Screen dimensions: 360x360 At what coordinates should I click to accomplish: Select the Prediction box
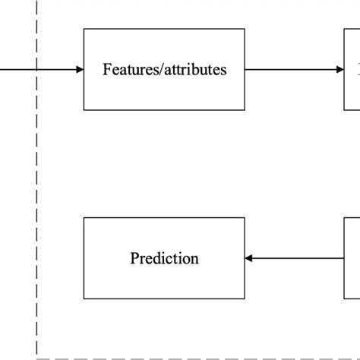click(x=164, y=257)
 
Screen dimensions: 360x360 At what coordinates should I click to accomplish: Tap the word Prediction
click(x=164, y=258)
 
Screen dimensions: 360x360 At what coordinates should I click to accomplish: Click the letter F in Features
click(x=106, y=70)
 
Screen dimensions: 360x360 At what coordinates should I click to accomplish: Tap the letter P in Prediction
click(x=134, y=258)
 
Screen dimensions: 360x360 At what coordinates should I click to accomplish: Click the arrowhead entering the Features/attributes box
click(x=80, y=70)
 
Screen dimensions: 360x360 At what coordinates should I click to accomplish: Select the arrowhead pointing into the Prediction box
click(x=249, y=258)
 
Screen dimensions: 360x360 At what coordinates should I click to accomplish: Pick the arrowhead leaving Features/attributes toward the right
click(x=339, y=70)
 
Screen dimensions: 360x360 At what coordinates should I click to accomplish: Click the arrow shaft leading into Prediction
click(x=296, y=258)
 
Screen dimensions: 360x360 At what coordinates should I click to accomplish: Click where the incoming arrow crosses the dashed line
click(x=36, y=70)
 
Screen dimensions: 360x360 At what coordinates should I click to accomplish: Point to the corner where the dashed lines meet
click(x=36, y=357)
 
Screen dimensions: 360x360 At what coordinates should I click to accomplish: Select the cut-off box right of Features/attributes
click(x=352, y=70)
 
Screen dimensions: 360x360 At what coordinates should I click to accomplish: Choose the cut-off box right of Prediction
click(x=352, y=258)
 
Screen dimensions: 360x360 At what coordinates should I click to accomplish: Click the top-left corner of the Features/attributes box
click(x=84, y=30)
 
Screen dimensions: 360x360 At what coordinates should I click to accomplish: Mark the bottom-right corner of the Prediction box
click(x=245, y=298)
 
